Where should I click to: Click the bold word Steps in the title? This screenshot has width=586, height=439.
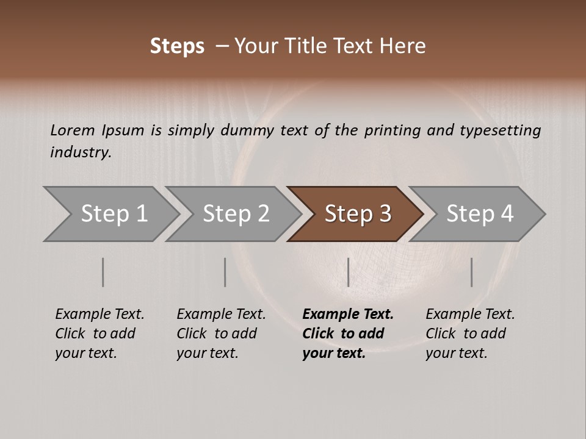tap(177, 46)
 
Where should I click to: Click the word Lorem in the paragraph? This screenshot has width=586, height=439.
tap(72, 130)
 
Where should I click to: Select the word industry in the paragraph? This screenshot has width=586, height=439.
tap(81, 152)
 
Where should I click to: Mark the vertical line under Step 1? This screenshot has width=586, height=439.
tap(103, 272)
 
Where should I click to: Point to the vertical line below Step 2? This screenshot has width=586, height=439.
tap(225, 272)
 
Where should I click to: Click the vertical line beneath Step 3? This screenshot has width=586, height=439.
tap(348, 272)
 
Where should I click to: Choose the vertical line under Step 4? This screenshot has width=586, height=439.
tap(471, 272)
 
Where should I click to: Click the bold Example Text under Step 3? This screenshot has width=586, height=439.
tap(348, 315)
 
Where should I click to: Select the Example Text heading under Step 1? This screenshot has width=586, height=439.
tap(99, 315)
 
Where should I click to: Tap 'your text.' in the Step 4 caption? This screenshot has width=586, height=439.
tap(456, 353)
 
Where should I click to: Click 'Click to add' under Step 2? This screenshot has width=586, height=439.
tap(217, 334)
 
